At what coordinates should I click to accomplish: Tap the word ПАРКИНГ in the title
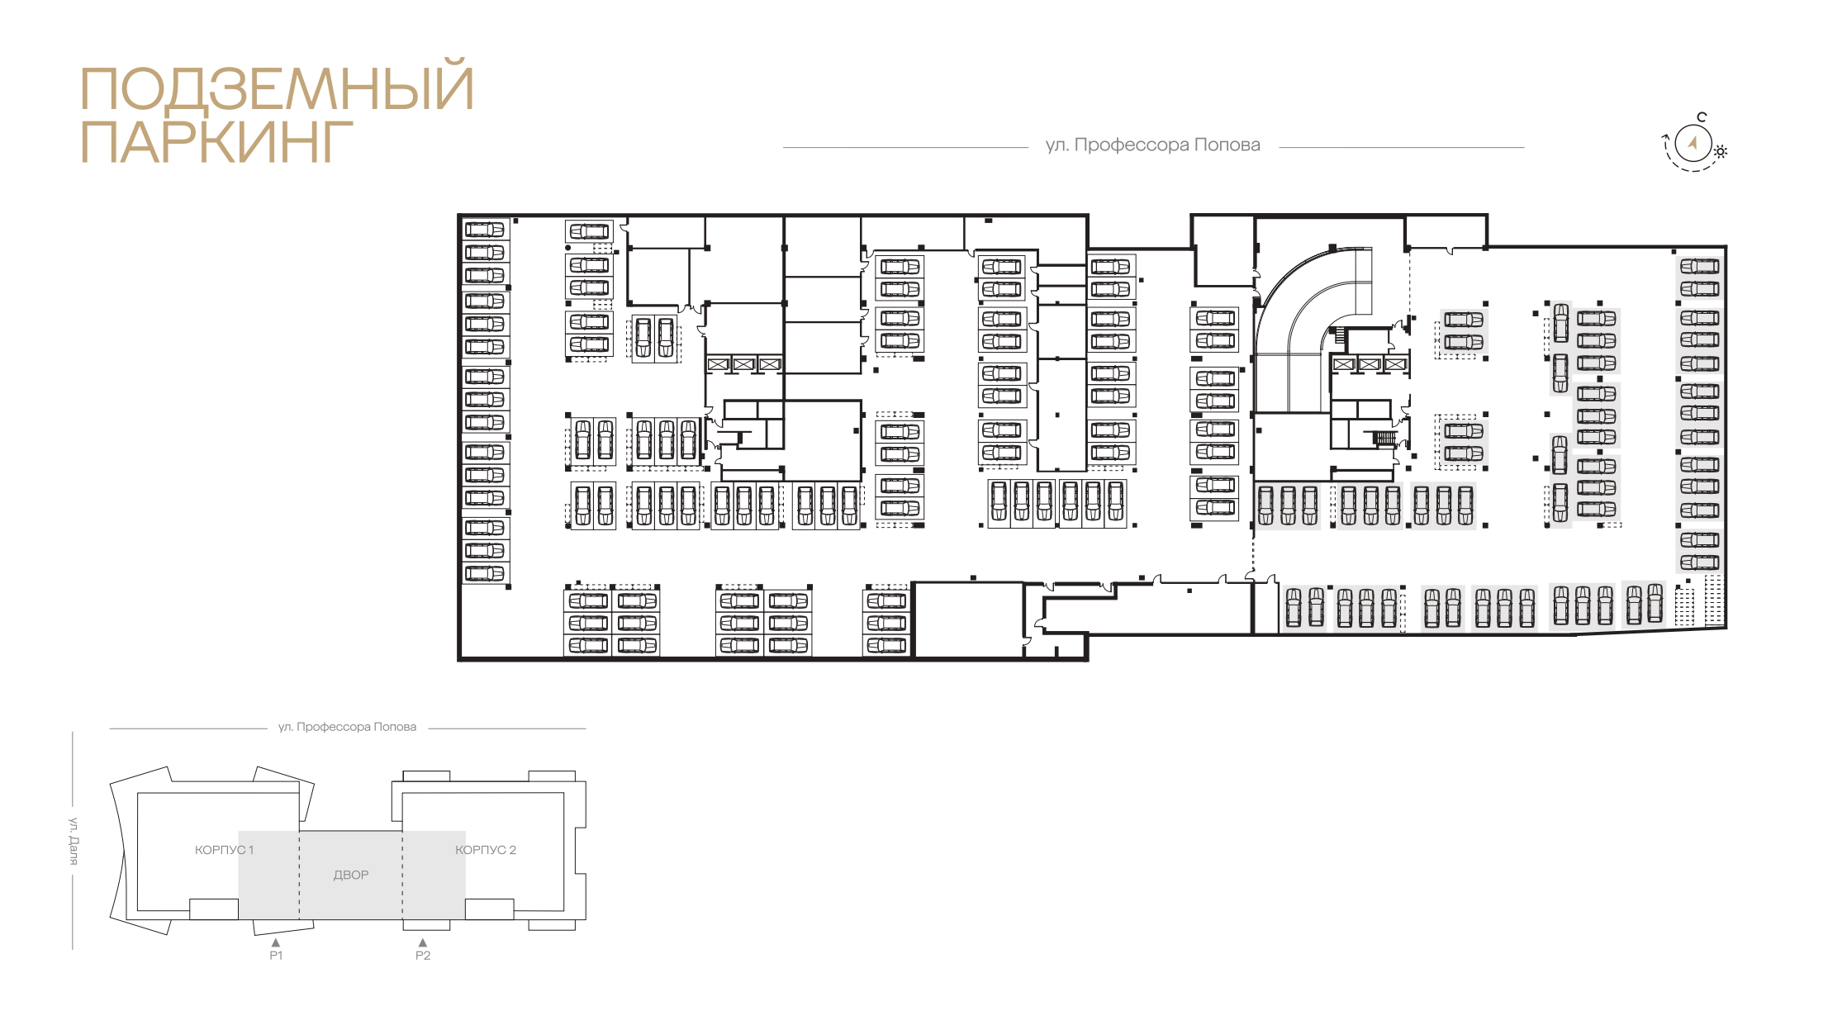click(216, 141)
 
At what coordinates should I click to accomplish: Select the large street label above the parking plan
click(1153, 145)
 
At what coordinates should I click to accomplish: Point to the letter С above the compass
click(1702, 117)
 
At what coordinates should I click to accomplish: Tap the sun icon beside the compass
click(1721, 151)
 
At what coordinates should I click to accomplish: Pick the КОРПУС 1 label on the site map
click(224, 850)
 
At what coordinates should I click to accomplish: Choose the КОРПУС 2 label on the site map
click(486, 850)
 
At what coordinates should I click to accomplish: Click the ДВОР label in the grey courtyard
click(351, 875)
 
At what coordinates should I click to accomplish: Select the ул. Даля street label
click(74, 842)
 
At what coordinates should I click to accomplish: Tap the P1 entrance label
click(276, 956)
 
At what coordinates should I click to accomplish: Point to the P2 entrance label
click(423, 956)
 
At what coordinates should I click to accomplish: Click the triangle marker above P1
click(276, 942)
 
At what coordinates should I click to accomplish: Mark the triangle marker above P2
click(423, 942)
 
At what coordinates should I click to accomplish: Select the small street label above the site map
click(347, 727)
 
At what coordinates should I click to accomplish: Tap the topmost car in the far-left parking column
click(485, 230)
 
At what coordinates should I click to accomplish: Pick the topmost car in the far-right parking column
click(1700, 266)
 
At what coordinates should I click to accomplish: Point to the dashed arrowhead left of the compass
click(1666, 137)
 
